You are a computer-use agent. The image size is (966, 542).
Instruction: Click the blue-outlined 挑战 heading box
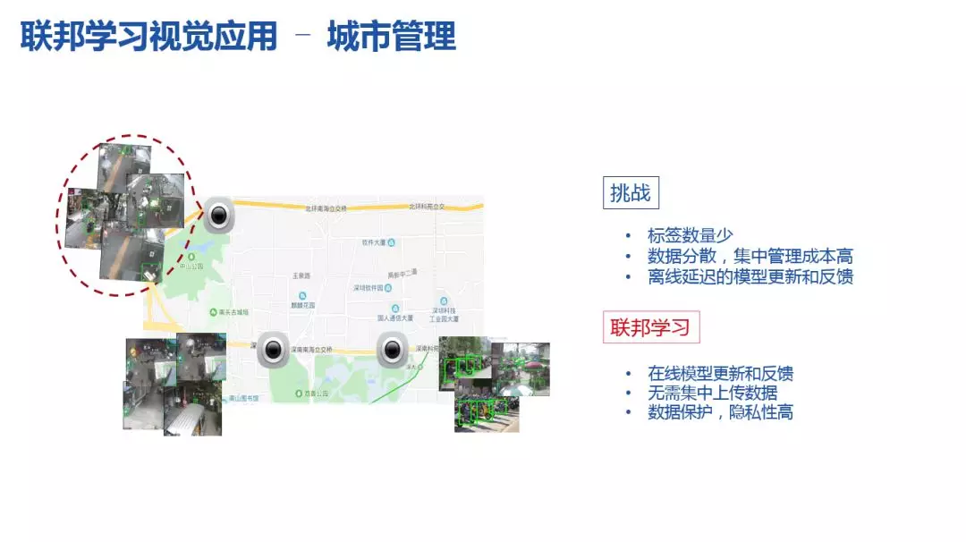point(631,192)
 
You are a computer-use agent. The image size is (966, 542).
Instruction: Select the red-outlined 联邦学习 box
point(650,327)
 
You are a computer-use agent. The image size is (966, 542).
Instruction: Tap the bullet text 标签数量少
point(691,236)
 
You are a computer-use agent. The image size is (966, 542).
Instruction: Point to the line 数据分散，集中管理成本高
point(750,257)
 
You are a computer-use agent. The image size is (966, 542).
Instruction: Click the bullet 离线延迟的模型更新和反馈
point(750,276)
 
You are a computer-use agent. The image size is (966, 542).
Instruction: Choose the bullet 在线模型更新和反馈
point(720,373)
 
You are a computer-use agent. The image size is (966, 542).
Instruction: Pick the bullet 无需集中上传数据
point(713,393)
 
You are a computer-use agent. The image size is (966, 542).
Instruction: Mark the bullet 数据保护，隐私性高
point(720,412)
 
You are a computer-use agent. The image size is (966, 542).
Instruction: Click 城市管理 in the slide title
point(392,37)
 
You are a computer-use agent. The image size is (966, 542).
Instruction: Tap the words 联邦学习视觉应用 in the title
point(148,37)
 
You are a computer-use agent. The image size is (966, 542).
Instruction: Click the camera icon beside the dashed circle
point(219,215)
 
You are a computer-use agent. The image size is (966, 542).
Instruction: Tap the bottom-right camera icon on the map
point(391,350)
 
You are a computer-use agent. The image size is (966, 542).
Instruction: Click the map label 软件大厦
point(375,242)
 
